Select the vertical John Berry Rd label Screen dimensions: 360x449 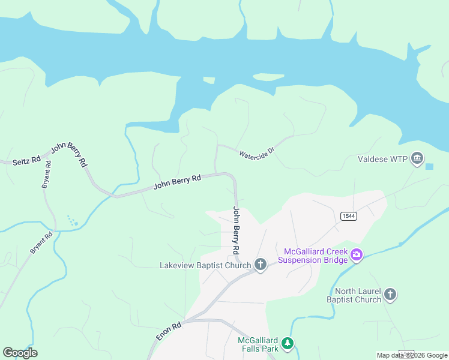tap(237, 230)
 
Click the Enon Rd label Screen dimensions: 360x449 tap(169, 332)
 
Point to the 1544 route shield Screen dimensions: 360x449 tap(347, 216)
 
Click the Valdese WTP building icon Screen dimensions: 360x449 tap(417, 159)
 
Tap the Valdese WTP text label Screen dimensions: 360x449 tap(382, 160)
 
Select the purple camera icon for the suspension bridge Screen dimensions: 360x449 tap(357, 255)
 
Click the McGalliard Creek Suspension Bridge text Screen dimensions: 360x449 tap(312, 255)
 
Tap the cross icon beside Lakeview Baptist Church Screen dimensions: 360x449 tap(260, 265)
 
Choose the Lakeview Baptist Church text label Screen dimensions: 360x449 tap(205, 265)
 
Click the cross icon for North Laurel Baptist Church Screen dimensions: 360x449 tap(390, 294)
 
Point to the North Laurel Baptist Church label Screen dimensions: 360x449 tap(354, 295)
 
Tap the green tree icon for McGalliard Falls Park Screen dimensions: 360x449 tap(289, 343)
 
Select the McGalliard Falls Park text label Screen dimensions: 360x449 tap(258, 343)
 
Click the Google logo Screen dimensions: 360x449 tap(20, 353)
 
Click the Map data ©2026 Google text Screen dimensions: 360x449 tap(412, 355)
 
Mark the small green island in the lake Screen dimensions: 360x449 tap(209, 80)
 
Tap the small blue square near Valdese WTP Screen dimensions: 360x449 tap(429, 166)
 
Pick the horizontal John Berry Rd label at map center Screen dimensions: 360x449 tap(176, 182)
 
